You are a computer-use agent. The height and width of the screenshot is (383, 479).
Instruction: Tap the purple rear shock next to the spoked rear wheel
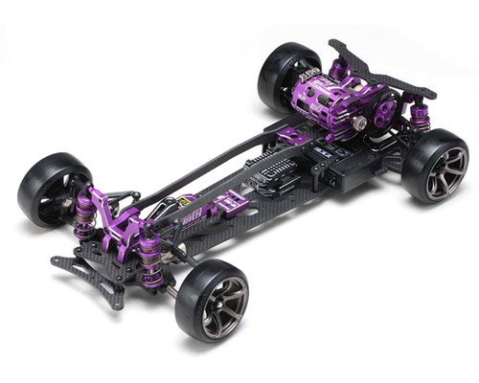click(x=419, y=120)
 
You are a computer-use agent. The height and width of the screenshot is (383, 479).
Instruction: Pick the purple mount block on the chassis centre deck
click(x=229, y=202)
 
